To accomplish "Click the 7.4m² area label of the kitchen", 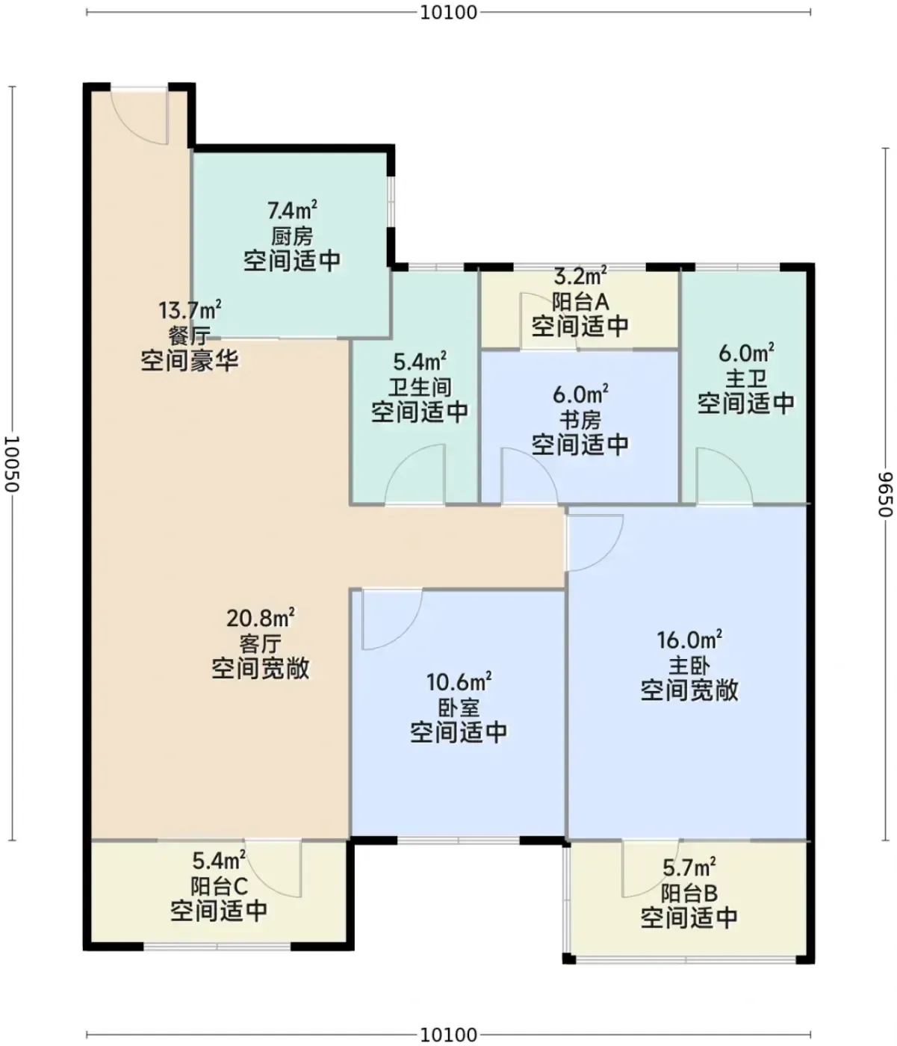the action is point(293,211).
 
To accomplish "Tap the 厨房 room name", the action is point(292,236).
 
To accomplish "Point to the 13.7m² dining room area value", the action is point(190,310).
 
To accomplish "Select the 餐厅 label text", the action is point(189,335).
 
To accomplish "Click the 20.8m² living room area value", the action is point(261,618).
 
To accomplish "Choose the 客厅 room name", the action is point(260,644).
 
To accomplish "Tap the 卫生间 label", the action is point(420,387).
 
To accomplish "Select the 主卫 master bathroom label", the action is point(745,379).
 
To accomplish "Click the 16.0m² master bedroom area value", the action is point(689,640).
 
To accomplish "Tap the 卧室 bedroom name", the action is point(459,708).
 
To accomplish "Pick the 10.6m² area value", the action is point(459,682).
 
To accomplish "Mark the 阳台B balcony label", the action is point(689,893).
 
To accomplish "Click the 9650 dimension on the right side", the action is point(885,494).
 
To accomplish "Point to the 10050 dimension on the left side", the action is point(11,463).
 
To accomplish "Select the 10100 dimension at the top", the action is point(449,13).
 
